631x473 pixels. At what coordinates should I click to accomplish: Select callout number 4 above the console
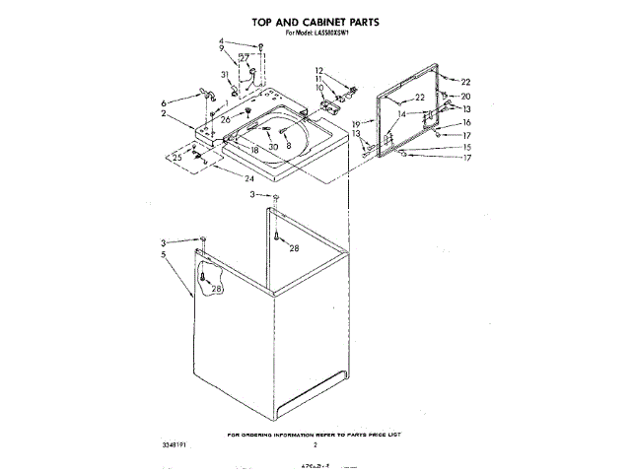tap(222, 41)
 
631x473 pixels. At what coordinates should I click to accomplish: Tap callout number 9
tap(222, 49)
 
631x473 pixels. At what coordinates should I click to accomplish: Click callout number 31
tap(225, 75)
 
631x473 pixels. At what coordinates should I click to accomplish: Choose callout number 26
tap(225, 120)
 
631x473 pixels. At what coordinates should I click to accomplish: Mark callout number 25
tap(177, 157)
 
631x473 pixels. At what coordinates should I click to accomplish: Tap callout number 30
tap(274, 147)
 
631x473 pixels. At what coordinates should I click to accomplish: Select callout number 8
tap(289, 146)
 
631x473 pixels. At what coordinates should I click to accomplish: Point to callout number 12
tap(319, 69)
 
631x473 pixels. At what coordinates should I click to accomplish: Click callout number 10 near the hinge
tap(319, 88)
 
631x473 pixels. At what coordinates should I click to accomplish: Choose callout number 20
tap(466, 97)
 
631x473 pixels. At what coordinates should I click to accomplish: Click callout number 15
tap(467, 147)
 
